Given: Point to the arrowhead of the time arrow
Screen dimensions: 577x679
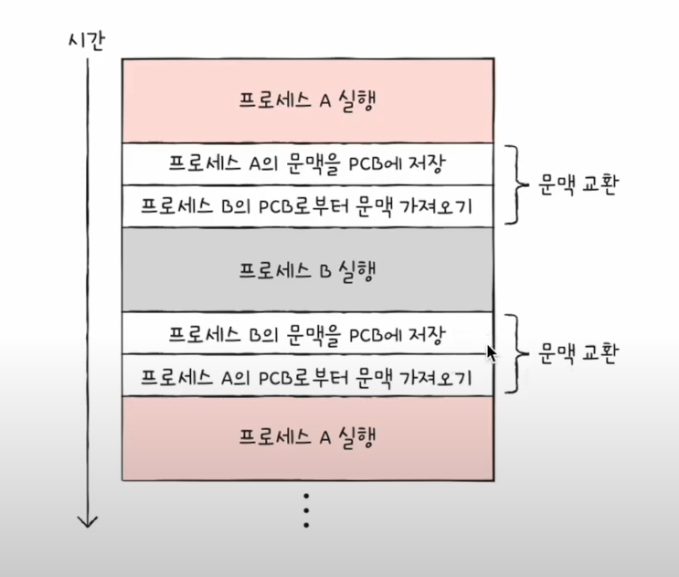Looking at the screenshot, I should pos(88,521).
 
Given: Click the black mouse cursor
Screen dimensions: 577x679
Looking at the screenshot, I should pos(493,353).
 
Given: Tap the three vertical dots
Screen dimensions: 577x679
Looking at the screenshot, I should pos(307,510).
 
